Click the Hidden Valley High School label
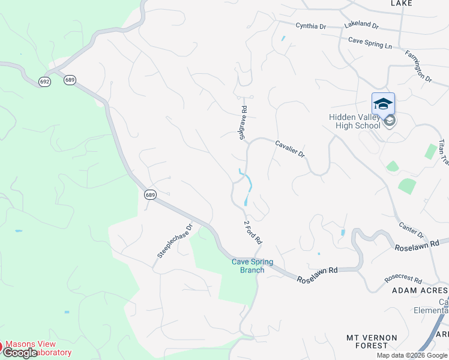point(354,122)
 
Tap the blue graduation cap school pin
point(383,105)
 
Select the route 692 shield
point(44,82)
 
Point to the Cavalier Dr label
point(291,149)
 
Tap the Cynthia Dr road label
point(310,26)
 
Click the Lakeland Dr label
point(361,26)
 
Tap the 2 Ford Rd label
point(253,232)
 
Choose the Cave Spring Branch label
point(253,266)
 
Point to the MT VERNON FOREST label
point(372,341)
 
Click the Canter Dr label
point(412,230)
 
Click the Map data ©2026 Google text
point(412,355)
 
